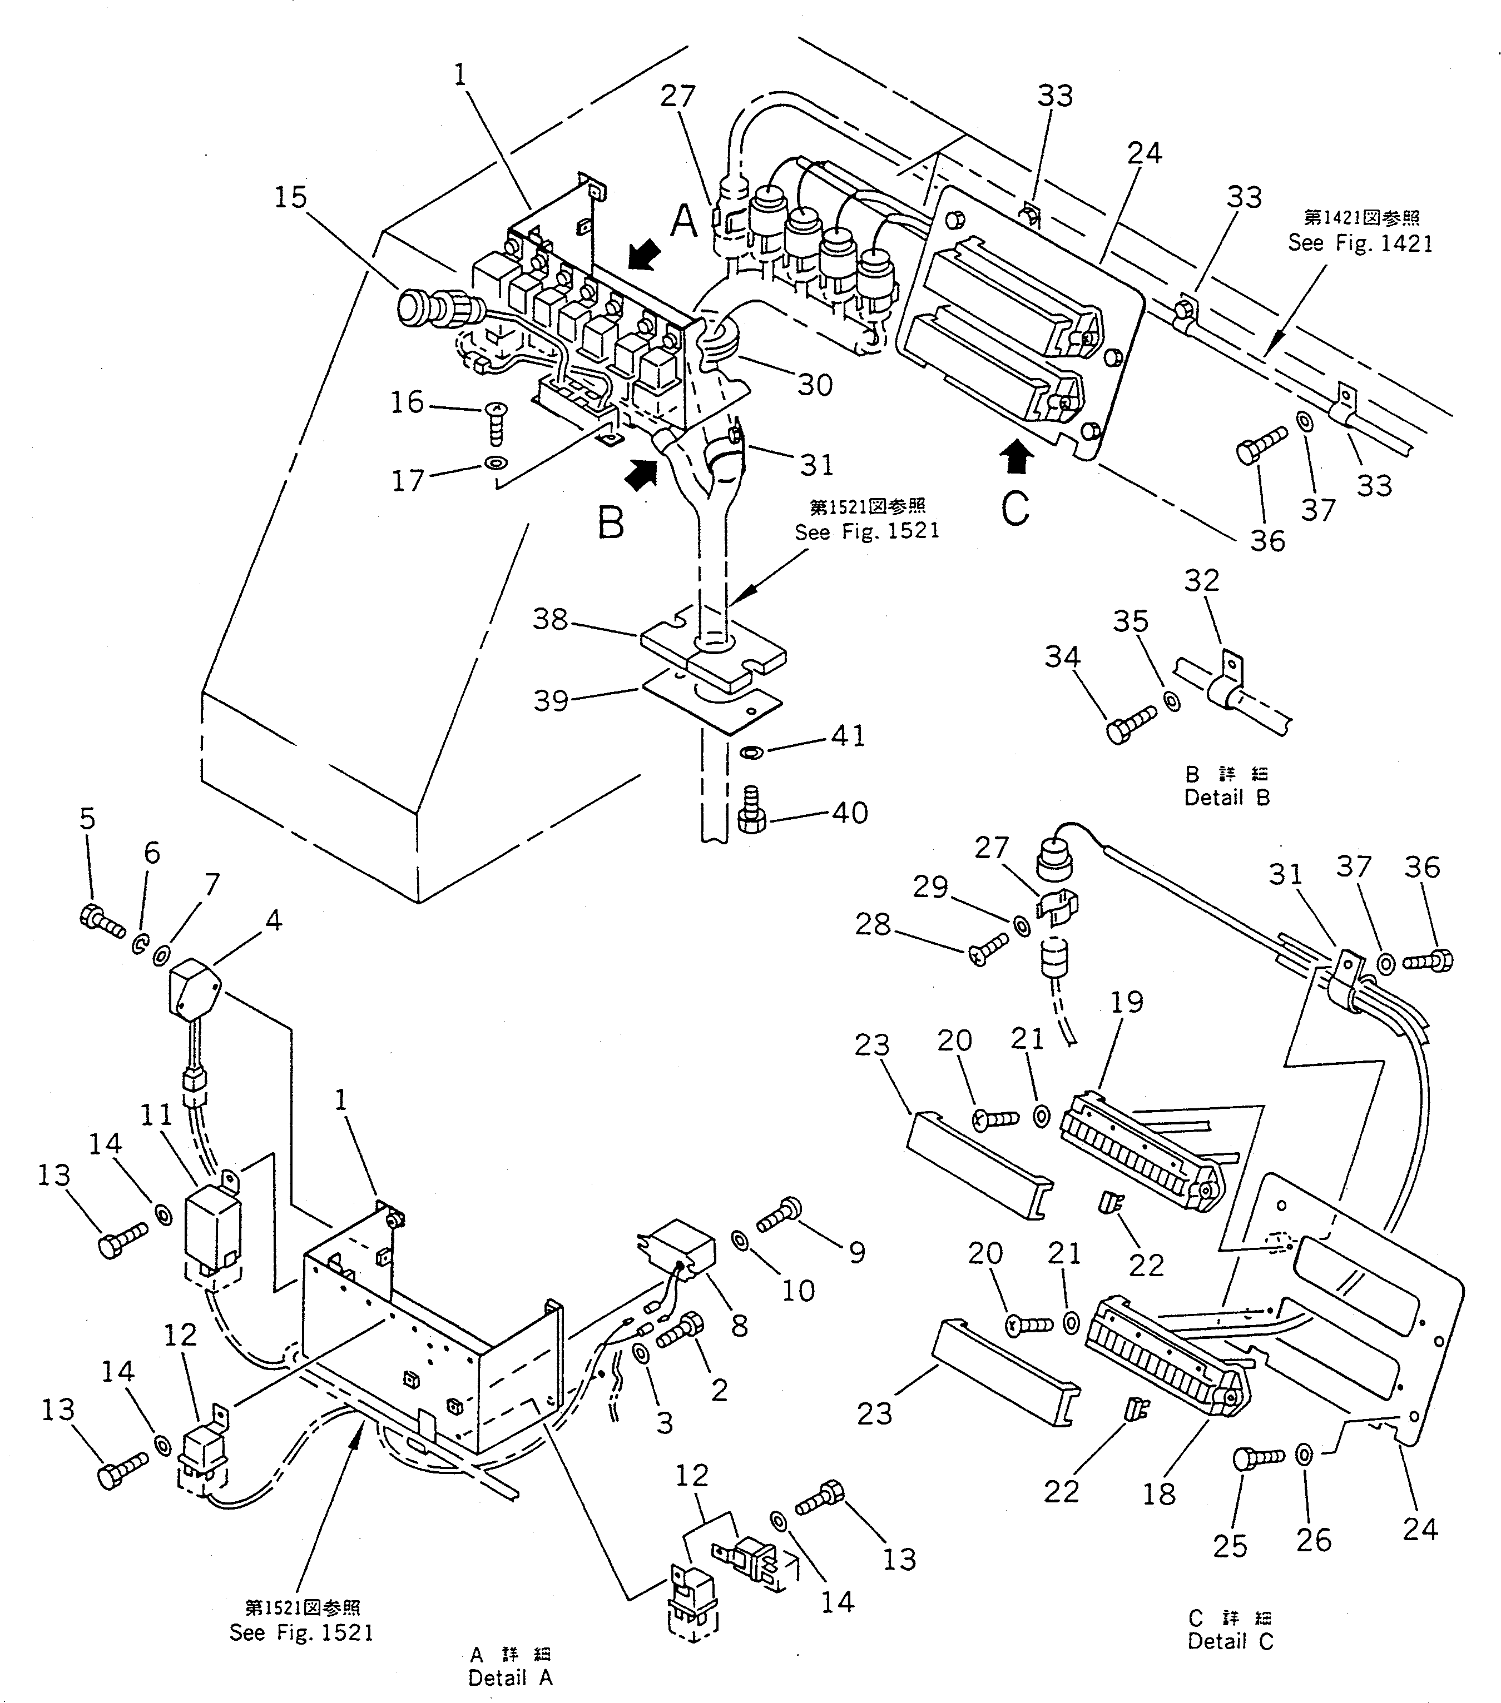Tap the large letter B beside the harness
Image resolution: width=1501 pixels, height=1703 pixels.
coord(611,524)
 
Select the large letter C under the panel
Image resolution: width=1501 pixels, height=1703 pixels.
coord(1015,508)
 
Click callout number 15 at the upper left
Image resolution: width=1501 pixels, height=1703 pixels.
coord(291,197)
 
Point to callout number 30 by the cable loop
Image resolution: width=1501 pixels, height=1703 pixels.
coord(814,385)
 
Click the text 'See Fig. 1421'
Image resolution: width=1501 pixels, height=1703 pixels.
coord(1360,243)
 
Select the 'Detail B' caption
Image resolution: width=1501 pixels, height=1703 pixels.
coord(1227,798)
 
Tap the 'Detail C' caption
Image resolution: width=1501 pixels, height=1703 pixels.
coord(1230,1641)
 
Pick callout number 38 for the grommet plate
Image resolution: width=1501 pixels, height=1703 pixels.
coord(550,619)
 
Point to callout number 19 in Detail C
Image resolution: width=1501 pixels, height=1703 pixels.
coord(1127,1002)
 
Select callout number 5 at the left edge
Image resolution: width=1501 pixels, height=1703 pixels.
coord(87,819)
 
